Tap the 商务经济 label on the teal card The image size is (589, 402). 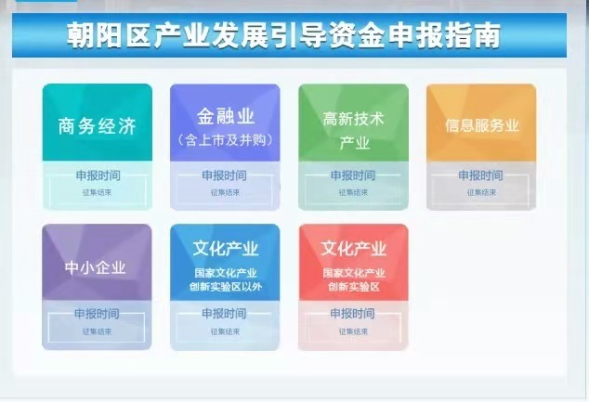[97, 126]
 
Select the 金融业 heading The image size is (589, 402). [225, 116]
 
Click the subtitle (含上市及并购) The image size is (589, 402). [224, 140]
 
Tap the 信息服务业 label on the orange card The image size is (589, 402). [481, 125]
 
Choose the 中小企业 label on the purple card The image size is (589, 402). [97, 268]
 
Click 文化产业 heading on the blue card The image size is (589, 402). [225, 249]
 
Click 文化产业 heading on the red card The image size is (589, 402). [353, 249]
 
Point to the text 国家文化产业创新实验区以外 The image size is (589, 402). [225, 280]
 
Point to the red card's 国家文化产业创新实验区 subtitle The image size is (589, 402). [353, 280]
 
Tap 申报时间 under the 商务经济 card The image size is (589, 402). [97, 175]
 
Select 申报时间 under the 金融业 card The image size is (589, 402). [225, 175]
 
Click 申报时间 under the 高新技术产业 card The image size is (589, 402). [353, 175]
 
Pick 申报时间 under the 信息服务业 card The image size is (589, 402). [481, 175]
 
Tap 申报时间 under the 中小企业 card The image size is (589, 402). [97, 314]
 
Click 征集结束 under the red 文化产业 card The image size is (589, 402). [353, 331]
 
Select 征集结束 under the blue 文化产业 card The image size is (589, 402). [225, 331]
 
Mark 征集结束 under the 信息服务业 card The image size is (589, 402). [481, 192]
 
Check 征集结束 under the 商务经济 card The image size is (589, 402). [97, 192]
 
